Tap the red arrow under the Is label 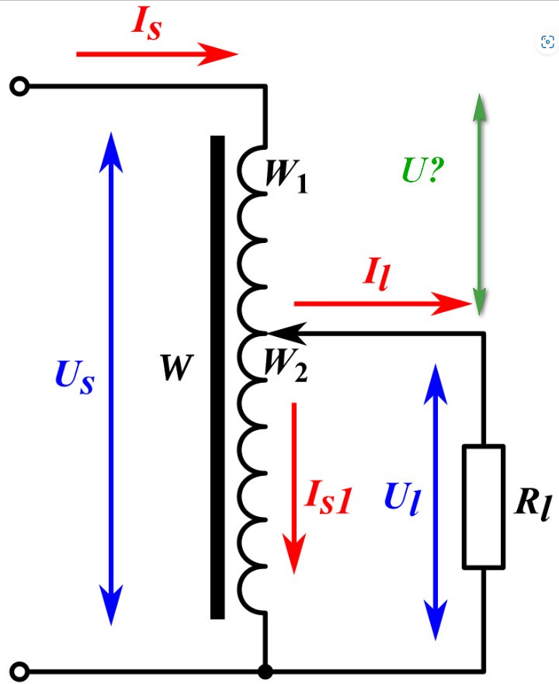(157, 54)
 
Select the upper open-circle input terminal (19, 86)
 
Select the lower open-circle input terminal (19, 671)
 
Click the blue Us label (75, 377)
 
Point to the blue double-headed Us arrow (111, 378)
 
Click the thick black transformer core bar (217, 377)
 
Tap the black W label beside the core (177, 367)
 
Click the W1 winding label (286, 175)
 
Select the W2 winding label (286, 365)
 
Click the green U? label (422, 169)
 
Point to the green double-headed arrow (479, 203)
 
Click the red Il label (376, 274)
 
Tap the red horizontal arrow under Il (383, 303)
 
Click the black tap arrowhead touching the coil (286, 333)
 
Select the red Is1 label (328, 498)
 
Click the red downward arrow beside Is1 (294, 488)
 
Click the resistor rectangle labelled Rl (484, 507)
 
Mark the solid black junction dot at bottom (265, 672)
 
